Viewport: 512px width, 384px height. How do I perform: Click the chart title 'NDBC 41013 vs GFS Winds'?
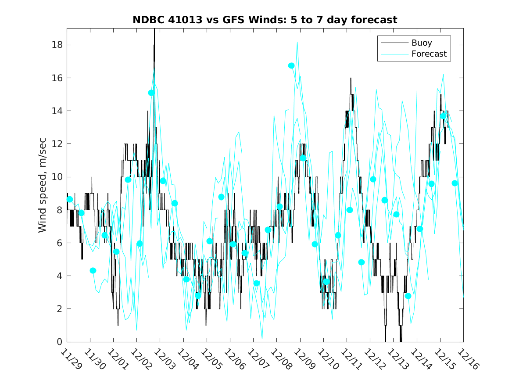tap(265, 20)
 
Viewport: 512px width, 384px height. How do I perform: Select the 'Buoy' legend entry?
tap(421, 43)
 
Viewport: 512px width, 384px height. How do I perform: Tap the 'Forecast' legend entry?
tap(429, 54)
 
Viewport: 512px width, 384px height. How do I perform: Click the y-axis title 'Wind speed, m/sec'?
tap(43, 185)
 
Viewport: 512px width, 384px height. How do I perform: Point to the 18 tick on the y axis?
tap(58, 45)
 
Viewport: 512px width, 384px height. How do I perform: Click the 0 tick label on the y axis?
tap(60, 342)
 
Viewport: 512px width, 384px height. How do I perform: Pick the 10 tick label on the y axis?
tap(58, 177)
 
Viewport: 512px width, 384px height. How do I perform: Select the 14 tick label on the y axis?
tap(58, 111)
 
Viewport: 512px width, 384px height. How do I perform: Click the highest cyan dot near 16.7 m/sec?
tap(291, 65)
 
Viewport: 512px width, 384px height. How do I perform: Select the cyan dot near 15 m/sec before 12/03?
tap(151, 93)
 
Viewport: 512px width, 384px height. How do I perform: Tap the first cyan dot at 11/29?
tap(69, 199)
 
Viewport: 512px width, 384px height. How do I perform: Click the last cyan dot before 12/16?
tap(455, 183)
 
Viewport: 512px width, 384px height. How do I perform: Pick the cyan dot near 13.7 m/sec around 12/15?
tap(443, 116)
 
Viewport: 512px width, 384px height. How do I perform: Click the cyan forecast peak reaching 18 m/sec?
tap(297, 43)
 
